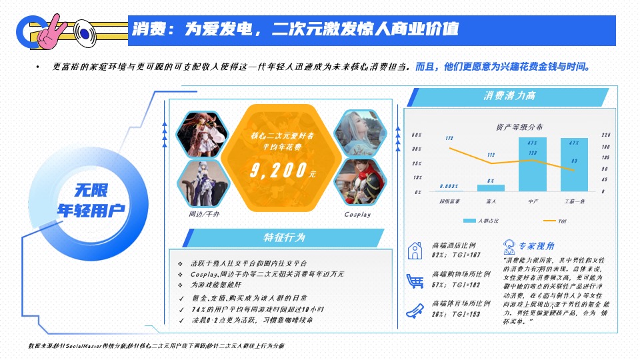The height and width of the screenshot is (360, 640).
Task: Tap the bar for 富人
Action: pos(491,187)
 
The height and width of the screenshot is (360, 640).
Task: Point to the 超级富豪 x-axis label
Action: pos(449,200)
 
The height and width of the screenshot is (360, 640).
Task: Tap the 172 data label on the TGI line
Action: pos(450,138)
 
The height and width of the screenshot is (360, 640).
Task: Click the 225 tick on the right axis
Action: pos(606,135)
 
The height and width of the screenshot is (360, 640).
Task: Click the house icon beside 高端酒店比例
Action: pos(415,250)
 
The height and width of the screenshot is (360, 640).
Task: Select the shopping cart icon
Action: pos(415,280)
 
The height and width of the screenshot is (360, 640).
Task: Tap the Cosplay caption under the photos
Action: pos(357,215)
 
